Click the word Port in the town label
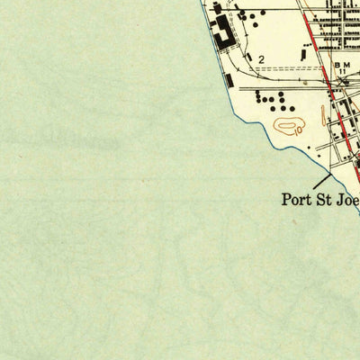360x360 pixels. tap(296, 199)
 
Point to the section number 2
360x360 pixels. tap(261, 59)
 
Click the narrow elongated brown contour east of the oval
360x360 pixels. tap(323, 115)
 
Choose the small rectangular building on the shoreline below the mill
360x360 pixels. tap(231, 81)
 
